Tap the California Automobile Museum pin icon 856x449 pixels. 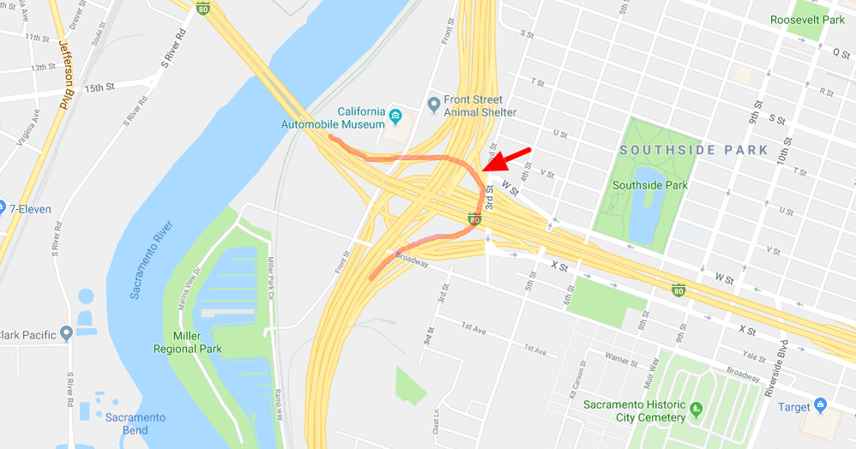coord(395,116)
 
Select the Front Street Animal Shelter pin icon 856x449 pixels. coord(434,105)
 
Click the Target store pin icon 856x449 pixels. coord(820,404)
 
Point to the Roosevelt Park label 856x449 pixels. coord(807,20)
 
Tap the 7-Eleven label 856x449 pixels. coord(31,209)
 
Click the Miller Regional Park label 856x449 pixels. coord(187,342)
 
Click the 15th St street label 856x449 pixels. coord(99,87)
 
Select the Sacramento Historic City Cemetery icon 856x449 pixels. coord(696,407)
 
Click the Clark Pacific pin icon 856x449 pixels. coord(65,333)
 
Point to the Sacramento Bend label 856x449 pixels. coord(136,423)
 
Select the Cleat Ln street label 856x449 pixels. coord(437,421)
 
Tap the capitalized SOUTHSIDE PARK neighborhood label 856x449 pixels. coord(694,150)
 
